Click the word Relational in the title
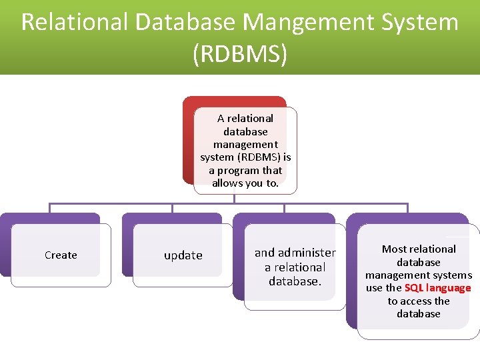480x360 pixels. [x=74, y=23]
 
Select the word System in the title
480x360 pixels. [x=420, y=23]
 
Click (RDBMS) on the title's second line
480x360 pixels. [x=240, y=54]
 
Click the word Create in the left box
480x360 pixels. [x=61, y=255]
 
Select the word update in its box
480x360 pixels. [x=183, y=255]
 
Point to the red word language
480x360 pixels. [x=450, y=288]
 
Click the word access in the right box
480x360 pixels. [x=419, y=301]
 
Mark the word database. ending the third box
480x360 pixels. [x=295, y=281]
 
